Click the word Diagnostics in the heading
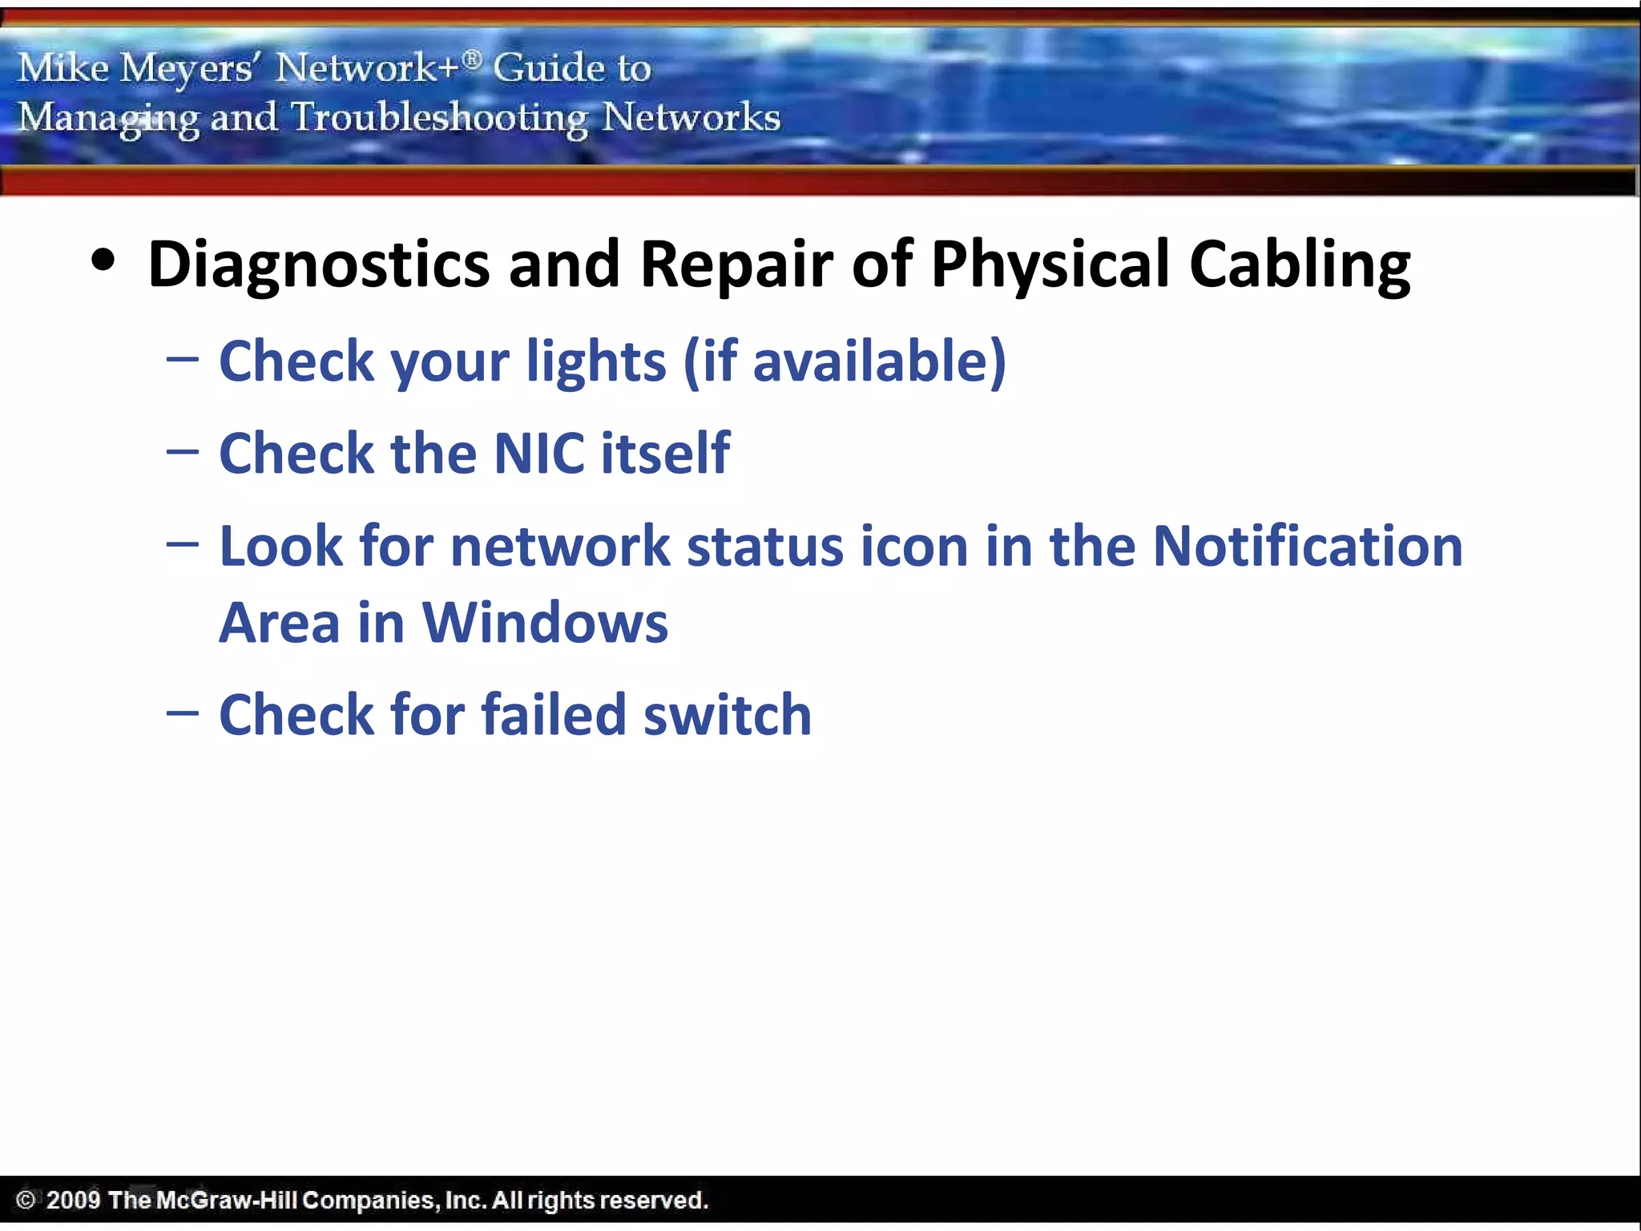click(x=318, y=264)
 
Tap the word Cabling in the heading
click(x=1299, y=264)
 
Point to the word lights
click(x=595, y=361)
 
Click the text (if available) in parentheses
click(x=845, y=361)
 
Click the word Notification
click(x=1308, y=547)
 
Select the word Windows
click(x=545, y=623)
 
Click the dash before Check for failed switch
click(x=183, y=712)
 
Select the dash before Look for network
click(x=183, y=544)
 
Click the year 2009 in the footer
click(x=73, y=1200)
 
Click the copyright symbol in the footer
click(x=26, y=1200)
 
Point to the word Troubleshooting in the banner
click(x=439, y=118)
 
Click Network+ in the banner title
click(x=369, y=67)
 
